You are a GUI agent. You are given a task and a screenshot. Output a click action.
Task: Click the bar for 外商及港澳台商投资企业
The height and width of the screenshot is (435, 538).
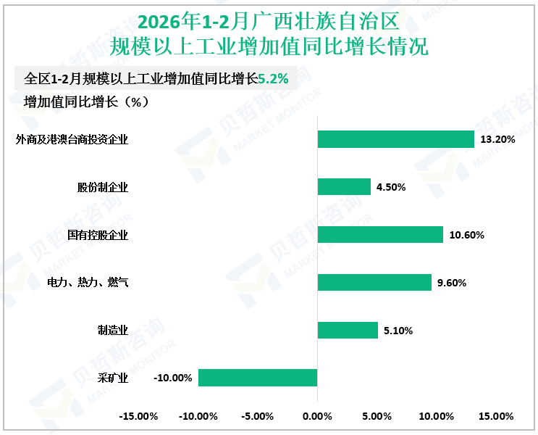click(395, 139)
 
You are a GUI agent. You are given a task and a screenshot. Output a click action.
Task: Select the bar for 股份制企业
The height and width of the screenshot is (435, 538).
click(344, 187)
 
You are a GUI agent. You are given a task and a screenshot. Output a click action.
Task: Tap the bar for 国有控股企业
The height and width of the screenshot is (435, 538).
click(380, 235)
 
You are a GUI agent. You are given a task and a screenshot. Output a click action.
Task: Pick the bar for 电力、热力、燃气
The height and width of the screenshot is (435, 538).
click(374, 282)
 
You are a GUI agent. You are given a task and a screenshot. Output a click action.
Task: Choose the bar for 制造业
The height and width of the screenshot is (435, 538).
click(348, 331)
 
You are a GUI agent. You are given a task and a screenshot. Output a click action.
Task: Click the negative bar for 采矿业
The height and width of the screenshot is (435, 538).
click(258, 378)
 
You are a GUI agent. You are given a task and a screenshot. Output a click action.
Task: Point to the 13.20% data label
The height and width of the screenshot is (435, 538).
click(497, 139)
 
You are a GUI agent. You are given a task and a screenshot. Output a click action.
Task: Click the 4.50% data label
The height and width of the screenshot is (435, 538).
click(391, 187)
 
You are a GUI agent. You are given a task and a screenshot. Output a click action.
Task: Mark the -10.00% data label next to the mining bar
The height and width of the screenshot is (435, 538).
click(173, 378)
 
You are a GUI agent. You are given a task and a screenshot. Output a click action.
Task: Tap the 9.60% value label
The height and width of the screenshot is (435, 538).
click(452, 283)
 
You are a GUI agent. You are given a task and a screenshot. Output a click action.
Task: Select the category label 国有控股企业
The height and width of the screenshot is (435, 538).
click(97, 235)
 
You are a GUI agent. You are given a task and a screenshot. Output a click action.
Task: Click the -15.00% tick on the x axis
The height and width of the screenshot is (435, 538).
click(138, 416)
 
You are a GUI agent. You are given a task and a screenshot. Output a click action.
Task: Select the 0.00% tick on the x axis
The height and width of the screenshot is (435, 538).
click(317, 416)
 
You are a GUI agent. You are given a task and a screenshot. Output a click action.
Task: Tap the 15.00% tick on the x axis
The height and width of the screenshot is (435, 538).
click(496, 416)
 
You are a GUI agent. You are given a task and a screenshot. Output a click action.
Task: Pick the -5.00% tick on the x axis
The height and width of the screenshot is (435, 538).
click(258, 416)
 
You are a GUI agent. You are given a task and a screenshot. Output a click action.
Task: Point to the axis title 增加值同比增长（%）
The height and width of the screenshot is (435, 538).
click(86, 102)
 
